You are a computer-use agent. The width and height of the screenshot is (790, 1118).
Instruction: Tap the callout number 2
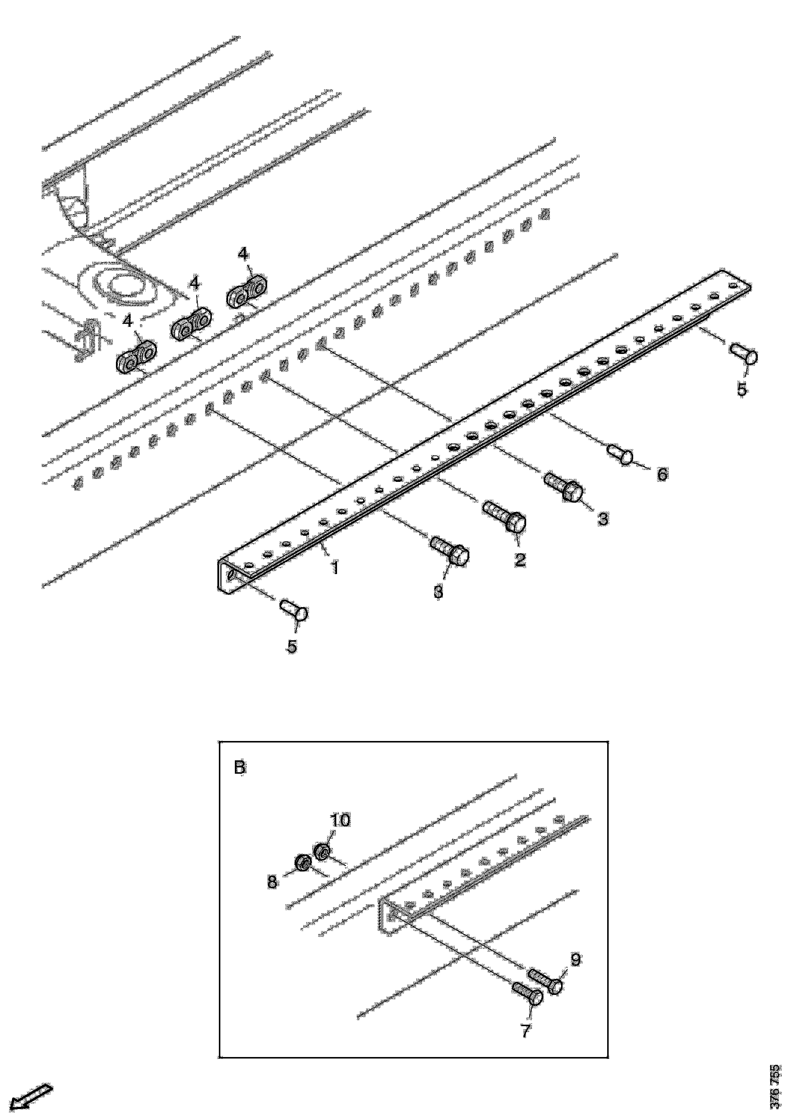(520, 560)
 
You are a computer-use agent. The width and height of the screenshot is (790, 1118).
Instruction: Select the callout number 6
(662, 474)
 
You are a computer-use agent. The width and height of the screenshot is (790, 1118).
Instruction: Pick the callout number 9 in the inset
(575, 960)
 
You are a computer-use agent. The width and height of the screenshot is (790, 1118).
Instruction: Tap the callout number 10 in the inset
(340, 821)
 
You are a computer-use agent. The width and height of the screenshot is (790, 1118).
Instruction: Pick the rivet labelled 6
(620, 452)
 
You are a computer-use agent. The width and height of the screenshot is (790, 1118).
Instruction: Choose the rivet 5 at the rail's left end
(294, 610)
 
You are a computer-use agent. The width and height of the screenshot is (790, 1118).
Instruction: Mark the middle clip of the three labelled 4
(191, 326)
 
